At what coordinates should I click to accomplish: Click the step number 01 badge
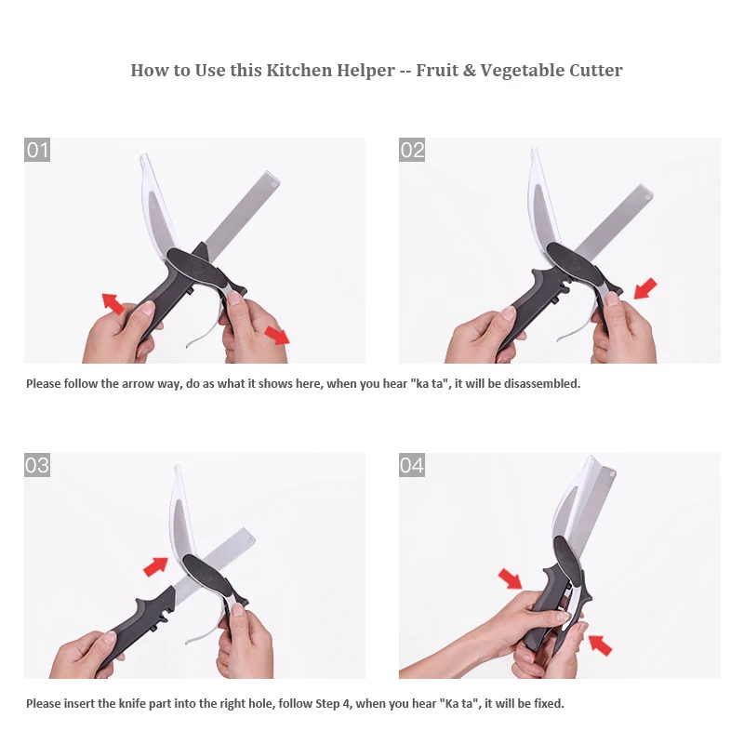[37, 150]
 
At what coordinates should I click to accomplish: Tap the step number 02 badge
[412, 150]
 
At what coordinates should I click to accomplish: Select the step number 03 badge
[37, 465]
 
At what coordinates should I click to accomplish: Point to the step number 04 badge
[412, 465]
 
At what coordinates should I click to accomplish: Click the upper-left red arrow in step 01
[113, 304]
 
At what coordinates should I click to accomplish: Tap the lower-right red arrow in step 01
[276, 335]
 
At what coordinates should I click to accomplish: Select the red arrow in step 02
[645, 289]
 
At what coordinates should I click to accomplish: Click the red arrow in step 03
[155, 566]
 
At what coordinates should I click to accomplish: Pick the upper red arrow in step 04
[510, 578]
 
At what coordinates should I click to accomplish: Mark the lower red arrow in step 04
[600, 644]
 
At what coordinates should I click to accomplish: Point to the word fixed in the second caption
[549, 703]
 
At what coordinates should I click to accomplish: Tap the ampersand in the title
[469, 71]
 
